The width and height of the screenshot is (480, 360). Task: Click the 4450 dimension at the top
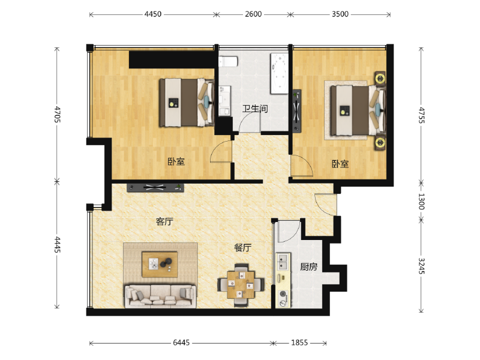[x=153, y=14]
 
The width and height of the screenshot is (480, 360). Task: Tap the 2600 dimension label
[x=253, y=14]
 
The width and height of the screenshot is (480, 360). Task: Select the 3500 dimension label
[x=340, y=14]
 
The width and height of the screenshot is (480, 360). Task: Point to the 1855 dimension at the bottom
[x=299, y=343]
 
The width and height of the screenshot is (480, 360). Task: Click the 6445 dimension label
[x=181, y=343]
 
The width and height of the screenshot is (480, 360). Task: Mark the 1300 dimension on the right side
[x=421, y=202]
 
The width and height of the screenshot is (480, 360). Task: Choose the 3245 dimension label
[x=421, y=266]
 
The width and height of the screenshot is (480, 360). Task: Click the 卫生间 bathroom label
[x=255, y=109]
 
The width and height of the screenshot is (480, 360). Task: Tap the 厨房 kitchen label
[x=308, y=267]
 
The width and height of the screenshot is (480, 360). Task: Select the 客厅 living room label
[x=164, y=221]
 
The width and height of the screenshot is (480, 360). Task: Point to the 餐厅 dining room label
[x=243, y=248]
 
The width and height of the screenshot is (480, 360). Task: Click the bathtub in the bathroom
[x=279, y=74]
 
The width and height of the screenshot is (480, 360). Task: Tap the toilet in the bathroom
[x=229, y=61]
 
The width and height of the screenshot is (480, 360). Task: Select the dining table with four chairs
[x=241, y=285]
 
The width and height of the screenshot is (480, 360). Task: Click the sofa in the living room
[x=160, y=296]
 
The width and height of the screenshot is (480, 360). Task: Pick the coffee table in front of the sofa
[x=160, y=265]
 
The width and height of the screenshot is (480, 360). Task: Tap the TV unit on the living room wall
[x=155, y=187]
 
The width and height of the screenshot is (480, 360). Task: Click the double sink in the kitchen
[x=283, y=262]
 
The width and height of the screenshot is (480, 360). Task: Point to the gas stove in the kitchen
[x=283, y=298]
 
